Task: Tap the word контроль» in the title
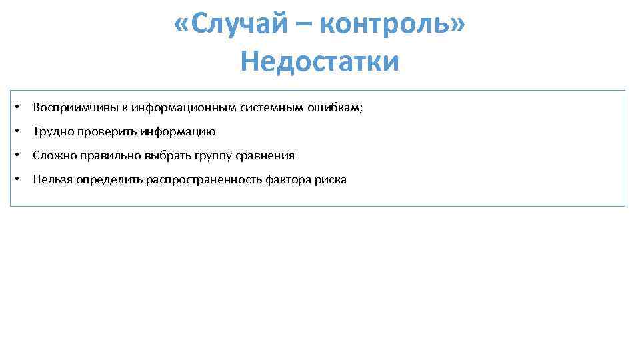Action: point(393,25)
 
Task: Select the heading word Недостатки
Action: point(320,62)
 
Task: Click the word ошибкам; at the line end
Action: point(335,108)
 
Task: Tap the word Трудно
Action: point(51,132)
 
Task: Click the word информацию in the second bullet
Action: point(177,132)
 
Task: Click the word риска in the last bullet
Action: point(331,179)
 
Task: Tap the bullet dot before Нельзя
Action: point(22,179)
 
